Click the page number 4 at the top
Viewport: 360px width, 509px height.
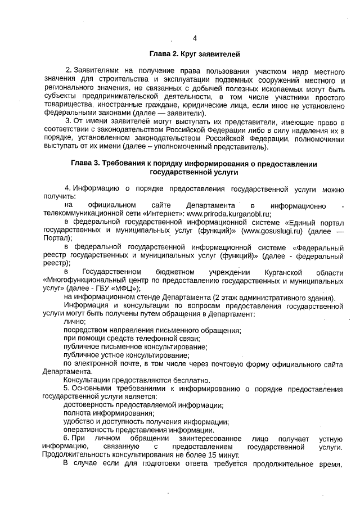[195, 38]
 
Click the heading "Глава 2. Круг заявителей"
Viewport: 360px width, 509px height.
[195, 55]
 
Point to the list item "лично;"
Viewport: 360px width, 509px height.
[74, 322]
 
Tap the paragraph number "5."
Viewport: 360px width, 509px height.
[67, 389]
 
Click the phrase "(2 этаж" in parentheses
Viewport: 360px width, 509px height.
[227, 297]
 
